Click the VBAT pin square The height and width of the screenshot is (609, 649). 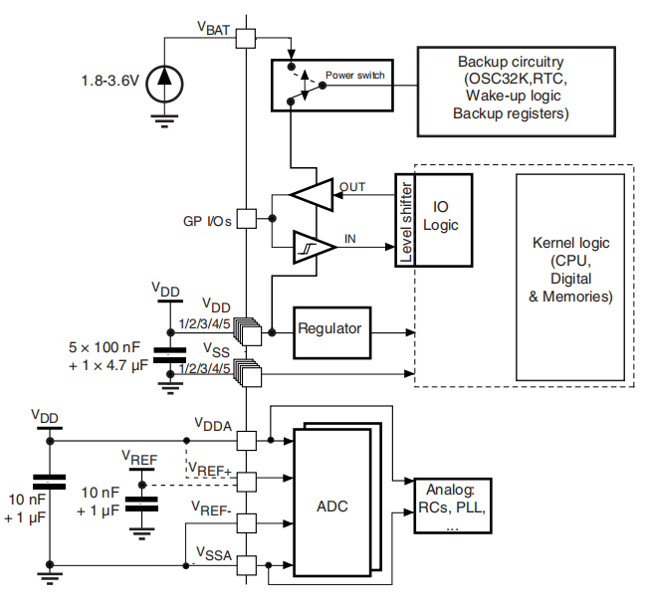tap(246, 38)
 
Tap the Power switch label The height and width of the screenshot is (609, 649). tap(355, 75)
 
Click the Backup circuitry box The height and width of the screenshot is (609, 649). tap(511, 89)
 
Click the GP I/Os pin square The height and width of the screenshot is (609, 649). tap(246, 220)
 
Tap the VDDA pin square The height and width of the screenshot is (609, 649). tap(246, 439)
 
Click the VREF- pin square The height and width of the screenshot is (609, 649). tap(246, 519)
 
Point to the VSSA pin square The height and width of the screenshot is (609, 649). tap(246, 562)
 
